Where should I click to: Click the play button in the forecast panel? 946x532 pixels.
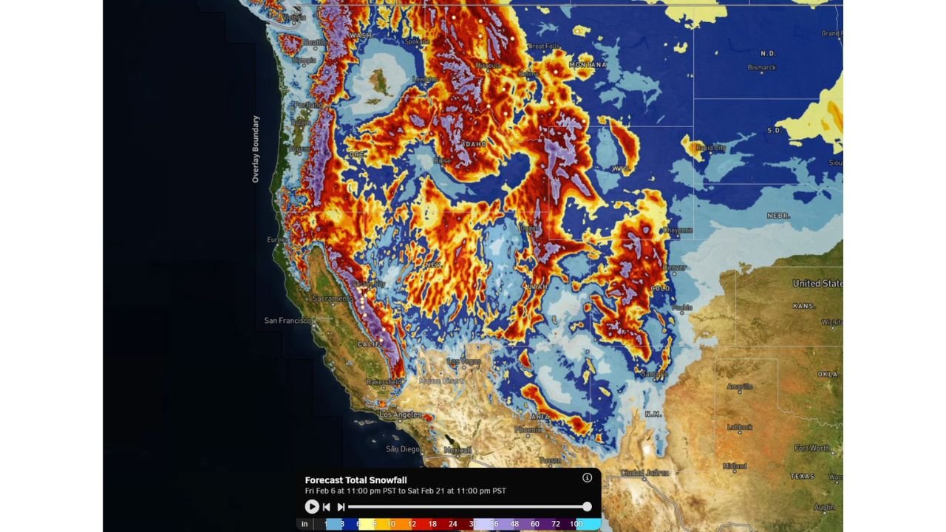(x=312, y=507)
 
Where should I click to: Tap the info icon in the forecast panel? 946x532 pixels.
(x=588, y=477)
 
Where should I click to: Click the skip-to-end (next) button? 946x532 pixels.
(x=341, y=507)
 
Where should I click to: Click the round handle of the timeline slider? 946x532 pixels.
(x=587, y=507)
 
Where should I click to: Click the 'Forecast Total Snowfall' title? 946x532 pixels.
(x=355, y=480)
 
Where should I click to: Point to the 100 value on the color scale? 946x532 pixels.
(x=576, y=524)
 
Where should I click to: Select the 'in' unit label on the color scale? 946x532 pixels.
(x=304, y=524)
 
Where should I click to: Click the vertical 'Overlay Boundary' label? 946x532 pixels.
(x=256, y=149)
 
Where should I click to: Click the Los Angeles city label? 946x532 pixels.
(x=401, y=415)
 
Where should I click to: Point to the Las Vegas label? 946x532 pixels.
(x=465, y=361)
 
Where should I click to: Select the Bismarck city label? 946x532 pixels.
(x=761, y=67)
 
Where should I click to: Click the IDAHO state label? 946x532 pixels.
(x=474, y=143)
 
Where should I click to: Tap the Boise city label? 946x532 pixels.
(x=443, y=160)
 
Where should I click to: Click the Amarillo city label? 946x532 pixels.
(x=740, y=386)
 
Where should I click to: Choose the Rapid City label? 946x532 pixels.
(x=711, y=148)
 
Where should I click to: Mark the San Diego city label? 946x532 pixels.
(x=403, y=449)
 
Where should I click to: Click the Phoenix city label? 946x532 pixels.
(x=528, y=429)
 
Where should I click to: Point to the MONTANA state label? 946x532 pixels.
(x=588, y=65)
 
